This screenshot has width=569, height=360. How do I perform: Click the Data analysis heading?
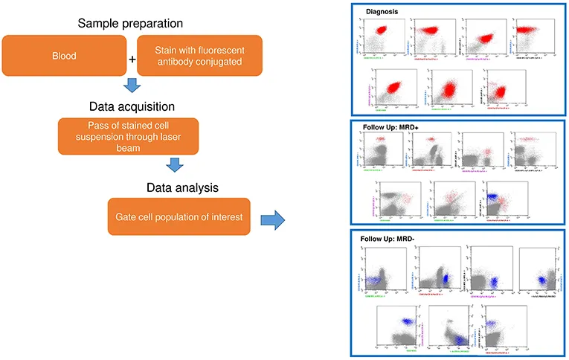pyautogui.click(x=180, y=184)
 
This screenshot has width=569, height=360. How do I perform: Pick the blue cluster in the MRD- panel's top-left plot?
pyautogui.click(x=374, y=279)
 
